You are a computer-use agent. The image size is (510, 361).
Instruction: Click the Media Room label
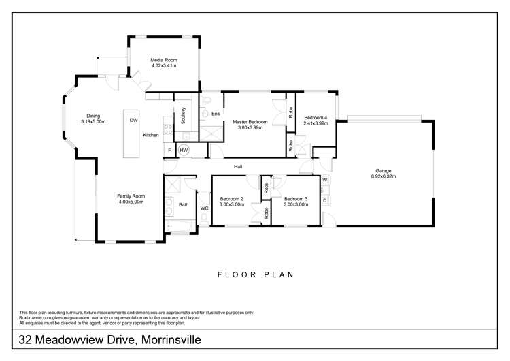(x=163, y=60)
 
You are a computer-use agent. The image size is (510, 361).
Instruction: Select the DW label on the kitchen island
(x=133, y=120)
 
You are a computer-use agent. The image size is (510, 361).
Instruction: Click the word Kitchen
(x=151, y=135)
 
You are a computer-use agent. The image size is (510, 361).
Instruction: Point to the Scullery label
(x=184, y=116)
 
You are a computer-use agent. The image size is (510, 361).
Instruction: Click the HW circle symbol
(x=184, y=150)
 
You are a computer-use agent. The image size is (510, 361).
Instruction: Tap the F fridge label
(x=169, y=150)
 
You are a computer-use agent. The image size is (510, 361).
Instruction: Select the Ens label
(x=216, y=114)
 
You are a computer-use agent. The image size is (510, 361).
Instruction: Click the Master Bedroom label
(x=252, y=122)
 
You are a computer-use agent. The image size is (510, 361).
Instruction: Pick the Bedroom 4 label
(x=316, y=117)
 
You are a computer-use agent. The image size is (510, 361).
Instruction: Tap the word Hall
(x=238, y=166)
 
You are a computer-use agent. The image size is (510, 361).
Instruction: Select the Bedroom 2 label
(x=231, y=199)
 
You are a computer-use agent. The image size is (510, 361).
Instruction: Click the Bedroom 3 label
(x=296, y=199)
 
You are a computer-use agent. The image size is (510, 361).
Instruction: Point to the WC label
(x=203, y=208)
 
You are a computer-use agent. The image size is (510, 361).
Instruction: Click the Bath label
(x=183, y=204)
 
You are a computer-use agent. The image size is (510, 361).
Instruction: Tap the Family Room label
(x=131, y=196)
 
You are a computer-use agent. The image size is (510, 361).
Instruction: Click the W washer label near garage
(x=325, y=180)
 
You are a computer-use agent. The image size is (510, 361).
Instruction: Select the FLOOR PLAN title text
(x=255, y=275)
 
